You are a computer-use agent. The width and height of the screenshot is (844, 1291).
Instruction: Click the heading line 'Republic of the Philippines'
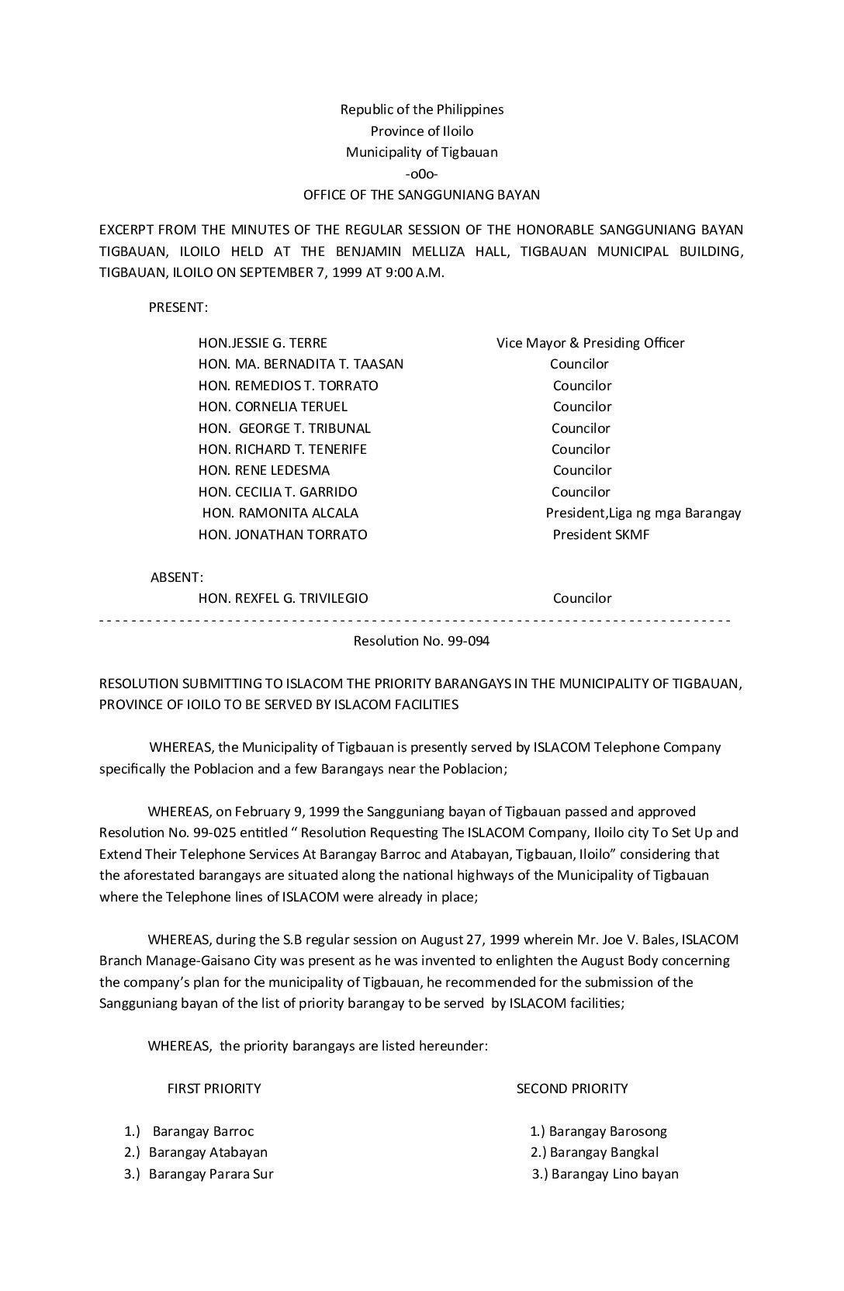point(421,109)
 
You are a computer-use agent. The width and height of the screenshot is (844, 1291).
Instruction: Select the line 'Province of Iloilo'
point(421,131)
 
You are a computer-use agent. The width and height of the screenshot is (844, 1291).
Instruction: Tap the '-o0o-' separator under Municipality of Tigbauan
point(421,174)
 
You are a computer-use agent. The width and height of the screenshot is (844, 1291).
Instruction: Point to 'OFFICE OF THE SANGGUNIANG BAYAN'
point(421,195)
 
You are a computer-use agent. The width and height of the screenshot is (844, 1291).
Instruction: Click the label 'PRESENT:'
point(178,307)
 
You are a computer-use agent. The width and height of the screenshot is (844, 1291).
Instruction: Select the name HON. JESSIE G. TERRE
point(263,343)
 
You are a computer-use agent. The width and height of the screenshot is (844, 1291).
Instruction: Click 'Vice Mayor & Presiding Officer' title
point(590,343)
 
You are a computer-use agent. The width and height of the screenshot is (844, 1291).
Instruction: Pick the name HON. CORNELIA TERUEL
point(273,407)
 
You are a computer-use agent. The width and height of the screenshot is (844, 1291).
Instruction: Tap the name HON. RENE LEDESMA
point(264,470)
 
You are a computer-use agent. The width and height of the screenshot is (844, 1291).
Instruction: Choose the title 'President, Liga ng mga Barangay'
point(643,513)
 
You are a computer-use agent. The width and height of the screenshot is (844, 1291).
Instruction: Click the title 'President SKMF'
point(601,535)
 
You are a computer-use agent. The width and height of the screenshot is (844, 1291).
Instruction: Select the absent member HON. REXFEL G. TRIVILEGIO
point(283,598)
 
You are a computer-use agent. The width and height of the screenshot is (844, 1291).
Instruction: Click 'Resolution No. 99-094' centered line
point(421,641)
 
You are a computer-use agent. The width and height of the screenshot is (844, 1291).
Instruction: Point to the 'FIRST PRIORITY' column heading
point(214,1089)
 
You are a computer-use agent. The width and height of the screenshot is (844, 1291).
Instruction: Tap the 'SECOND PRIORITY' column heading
point(572,1089)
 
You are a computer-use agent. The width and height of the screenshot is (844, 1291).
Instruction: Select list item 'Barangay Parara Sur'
point(211,1174)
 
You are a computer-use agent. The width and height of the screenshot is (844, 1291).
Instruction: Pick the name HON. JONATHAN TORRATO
point(283,535)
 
